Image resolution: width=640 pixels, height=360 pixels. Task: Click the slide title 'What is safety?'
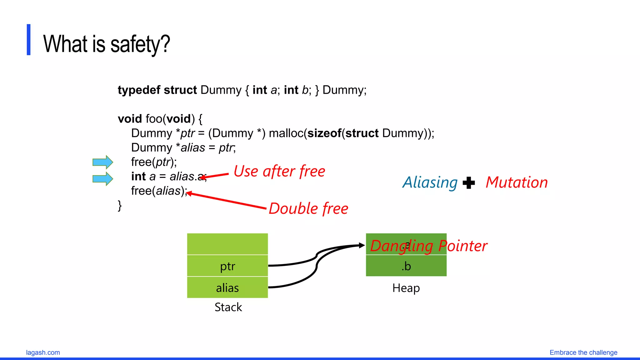coord(106,44)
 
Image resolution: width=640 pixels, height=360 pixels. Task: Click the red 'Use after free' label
coord(279,172)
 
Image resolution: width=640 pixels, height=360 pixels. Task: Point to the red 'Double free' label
coord(308,208)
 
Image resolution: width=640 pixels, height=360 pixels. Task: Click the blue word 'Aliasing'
coord(430,182)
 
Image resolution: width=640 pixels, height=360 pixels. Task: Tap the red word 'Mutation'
coord(517,182)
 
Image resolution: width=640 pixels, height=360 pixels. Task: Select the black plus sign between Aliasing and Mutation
coord(468,183)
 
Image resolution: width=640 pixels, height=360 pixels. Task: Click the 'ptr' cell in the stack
coord(227,266)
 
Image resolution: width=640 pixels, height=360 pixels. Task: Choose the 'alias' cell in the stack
coord(227,287)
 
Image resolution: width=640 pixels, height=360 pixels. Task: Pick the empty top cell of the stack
coord(227,244)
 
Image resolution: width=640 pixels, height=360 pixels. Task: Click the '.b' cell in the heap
coord(406,266)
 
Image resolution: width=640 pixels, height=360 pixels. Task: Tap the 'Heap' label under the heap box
coord(406,288)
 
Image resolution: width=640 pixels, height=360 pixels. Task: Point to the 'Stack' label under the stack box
coord(228,307)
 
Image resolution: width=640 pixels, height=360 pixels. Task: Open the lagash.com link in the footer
coord(43,352)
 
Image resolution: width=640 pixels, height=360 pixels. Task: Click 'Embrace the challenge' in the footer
coord(583,352)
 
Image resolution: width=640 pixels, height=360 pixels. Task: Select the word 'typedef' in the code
coord(139,90)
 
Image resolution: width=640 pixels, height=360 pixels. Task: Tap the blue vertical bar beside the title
coord(28,40)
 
